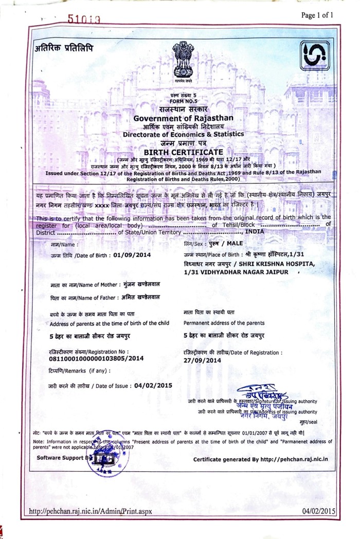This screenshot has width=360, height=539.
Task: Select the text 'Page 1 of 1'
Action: (x=317, y=15)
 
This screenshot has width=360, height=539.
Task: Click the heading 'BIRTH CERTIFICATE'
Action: (x=183, y=152)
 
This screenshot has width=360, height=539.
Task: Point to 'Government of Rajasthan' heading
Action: (x=183, y=119)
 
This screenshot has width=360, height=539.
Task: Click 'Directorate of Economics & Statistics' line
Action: (x=183, y=135)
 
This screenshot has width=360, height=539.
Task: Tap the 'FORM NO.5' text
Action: (x=184, y=102)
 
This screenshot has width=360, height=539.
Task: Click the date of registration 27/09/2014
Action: (x=202, y=360)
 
